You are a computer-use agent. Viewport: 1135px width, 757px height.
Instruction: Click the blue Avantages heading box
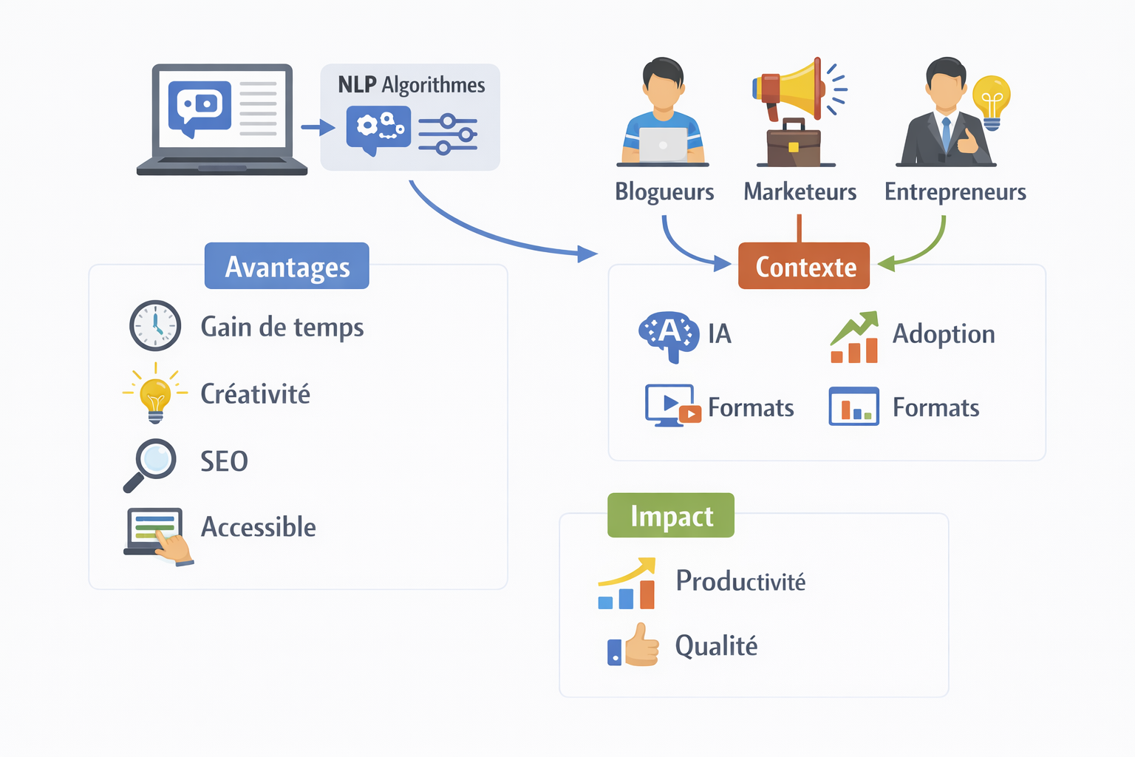point(287,266)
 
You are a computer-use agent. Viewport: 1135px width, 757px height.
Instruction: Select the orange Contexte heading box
point(804,266)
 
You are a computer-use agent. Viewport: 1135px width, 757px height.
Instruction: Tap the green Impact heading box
point(671,515)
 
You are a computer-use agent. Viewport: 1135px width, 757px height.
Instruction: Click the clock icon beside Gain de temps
point(155,325)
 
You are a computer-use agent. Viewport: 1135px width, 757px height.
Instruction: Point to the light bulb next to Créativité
point(155,395)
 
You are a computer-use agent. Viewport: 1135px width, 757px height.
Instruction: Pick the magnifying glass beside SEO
point(151,463)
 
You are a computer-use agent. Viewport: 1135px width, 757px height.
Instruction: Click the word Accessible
point(259,527)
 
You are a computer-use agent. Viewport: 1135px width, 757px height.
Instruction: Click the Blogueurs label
point(664,191)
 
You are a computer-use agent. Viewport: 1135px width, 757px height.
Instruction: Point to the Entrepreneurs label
point(955,191)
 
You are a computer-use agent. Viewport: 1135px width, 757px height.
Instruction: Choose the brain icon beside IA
point(668,335)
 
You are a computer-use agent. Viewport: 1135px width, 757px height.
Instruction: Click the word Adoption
point(944,333)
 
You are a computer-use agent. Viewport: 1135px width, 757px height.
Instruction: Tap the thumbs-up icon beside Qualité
point(635,645)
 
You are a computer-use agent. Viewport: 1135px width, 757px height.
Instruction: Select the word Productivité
point(740,581)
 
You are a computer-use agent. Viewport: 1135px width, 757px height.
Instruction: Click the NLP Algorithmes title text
point(411,85)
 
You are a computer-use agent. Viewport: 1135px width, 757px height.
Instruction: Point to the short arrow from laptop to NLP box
point(318,128)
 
